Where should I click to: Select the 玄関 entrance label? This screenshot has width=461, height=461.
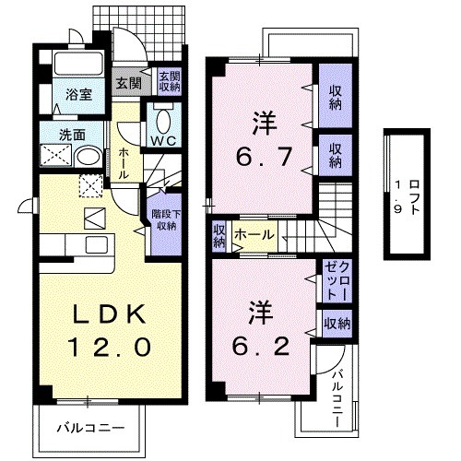pos(126,83)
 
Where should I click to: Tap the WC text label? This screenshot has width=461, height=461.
pos(163,140)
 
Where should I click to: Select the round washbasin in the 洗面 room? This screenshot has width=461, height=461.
pos(89,158)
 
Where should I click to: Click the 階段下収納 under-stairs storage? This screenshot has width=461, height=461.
pos(164,219)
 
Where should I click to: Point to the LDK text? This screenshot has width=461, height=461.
pos(108,316)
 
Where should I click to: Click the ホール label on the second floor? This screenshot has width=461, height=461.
pos(254,236)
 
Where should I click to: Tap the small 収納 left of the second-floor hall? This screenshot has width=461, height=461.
pos(219,236)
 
